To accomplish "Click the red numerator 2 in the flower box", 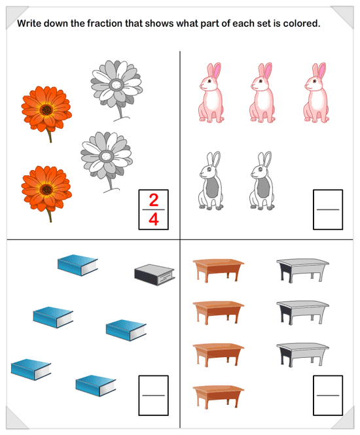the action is tap(154, 200).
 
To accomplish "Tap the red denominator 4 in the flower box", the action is tap(154, 219).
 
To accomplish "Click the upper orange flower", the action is tap(46, 111).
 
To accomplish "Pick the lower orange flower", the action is tap(46, 192).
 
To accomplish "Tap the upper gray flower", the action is tap(117, 89).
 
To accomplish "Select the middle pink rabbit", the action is tap(262, 93).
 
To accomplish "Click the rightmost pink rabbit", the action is tap(316, 93).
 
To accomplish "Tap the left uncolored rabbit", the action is tap(211, 181).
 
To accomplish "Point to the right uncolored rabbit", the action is tap(262, 181).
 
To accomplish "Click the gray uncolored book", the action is tap(154, 274).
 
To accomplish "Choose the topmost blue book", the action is tap(77, 265).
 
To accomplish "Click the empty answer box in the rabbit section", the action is tap(328, 209).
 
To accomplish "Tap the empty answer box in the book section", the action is tap(154, 395).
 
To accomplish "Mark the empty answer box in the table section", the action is tap(328, 395).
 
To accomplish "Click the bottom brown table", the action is tap(218, 396).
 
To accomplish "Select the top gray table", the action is tap(302, 270).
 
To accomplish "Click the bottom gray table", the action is tap(302, 355).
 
